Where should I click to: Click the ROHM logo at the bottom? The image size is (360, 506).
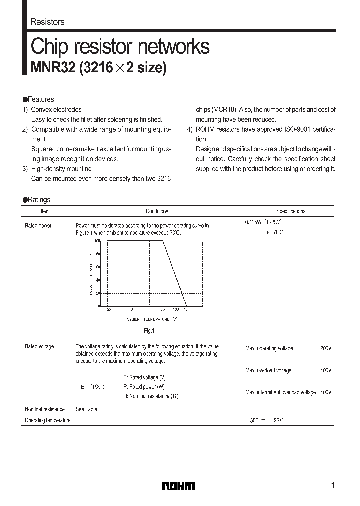click(x=178, y=486)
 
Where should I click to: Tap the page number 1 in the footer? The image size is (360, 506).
click(x=333, y=485)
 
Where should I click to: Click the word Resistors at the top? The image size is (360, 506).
click(x=47, y=22)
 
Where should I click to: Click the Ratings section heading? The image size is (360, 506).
click(x=38, y=200)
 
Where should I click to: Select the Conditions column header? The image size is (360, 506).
click(x=157, y=211)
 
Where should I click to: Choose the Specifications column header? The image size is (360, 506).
click(x=291, y=211)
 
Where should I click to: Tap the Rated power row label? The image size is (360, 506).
click(x=38, y=226)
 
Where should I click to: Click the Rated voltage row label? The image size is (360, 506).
click(x=39, y=346)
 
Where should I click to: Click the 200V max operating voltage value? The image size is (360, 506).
click(x=325, y=348)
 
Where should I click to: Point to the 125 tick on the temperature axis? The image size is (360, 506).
click(x=186, y=310)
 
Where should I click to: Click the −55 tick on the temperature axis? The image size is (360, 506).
click(x=107, y=310)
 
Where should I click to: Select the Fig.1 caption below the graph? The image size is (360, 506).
click(x=150, y=330)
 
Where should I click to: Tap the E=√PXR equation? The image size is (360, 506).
click(x=92, y=387)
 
